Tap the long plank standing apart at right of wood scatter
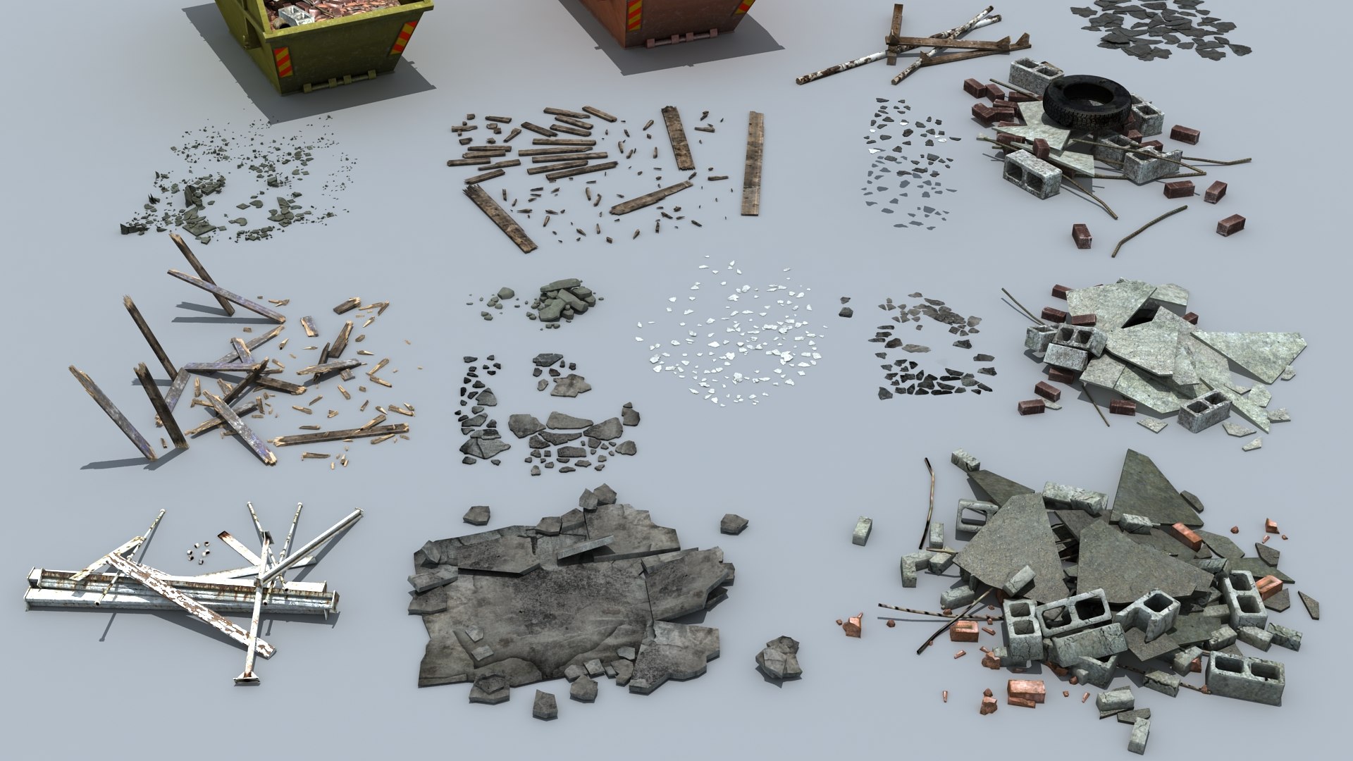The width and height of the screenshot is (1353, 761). pyautogui.click(x=753, y=163)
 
